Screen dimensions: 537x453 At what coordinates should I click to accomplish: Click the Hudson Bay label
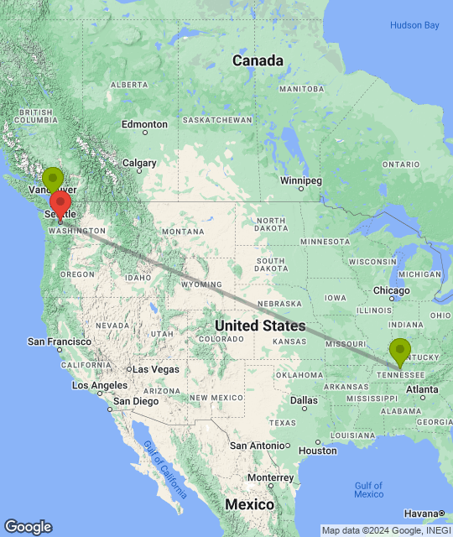(414, 26)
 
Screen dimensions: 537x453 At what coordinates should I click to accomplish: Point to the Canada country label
(258, 61)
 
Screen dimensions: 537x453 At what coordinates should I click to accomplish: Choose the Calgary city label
(139, 164)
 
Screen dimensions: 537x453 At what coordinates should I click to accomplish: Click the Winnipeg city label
(300, 180)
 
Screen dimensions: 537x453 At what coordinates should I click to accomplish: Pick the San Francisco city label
(60, 341)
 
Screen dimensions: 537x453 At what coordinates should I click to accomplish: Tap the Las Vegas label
(156, 369)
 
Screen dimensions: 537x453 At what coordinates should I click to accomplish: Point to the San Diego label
(135, 401)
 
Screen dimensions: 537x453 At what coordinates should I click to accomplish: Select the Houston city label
(316, 451)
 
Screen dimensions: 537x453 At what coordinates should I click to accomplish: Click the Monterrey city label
(270, 477)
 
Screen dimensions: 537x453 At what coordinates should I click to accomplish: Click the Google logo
(28, 527)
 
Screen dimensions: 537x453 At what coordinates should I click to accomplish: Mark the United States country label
(260, 325)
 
